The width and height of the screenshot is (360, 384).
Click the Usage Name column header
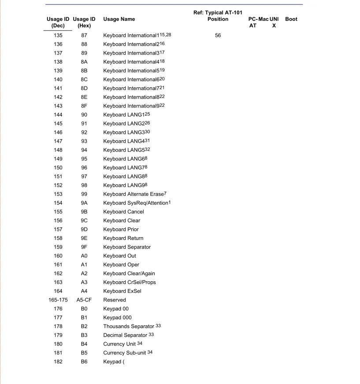(119, 19)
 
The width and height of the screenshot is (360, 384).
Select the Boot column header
(291, 19)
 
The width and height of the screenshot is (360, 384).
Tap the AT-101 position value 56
(218, 35)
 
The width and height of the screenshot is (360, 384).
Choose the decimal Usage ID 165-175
(58, 300)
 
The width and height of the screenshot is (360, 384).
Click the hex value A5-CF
(84, 300)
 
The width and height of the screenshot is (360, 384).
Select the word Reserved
(115, 300)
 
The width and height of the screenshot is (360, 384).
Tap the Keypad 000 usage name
(117, 317)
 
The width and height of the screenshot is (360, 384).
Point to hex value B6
(84, 362)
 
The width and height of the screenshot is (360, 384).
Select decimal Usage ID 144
(58, 115)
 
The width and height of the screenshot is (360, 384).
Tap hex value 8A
(84, 62)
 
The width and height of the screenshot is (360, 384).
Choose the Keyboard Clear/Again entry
(129, 273)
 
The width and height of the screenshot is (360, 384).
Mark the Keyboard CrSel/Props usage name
(130, 282)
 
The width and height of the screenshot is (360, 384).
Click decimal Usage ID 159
(58, 247)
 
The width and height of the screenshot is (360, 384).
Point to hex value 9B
(84, 212)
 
